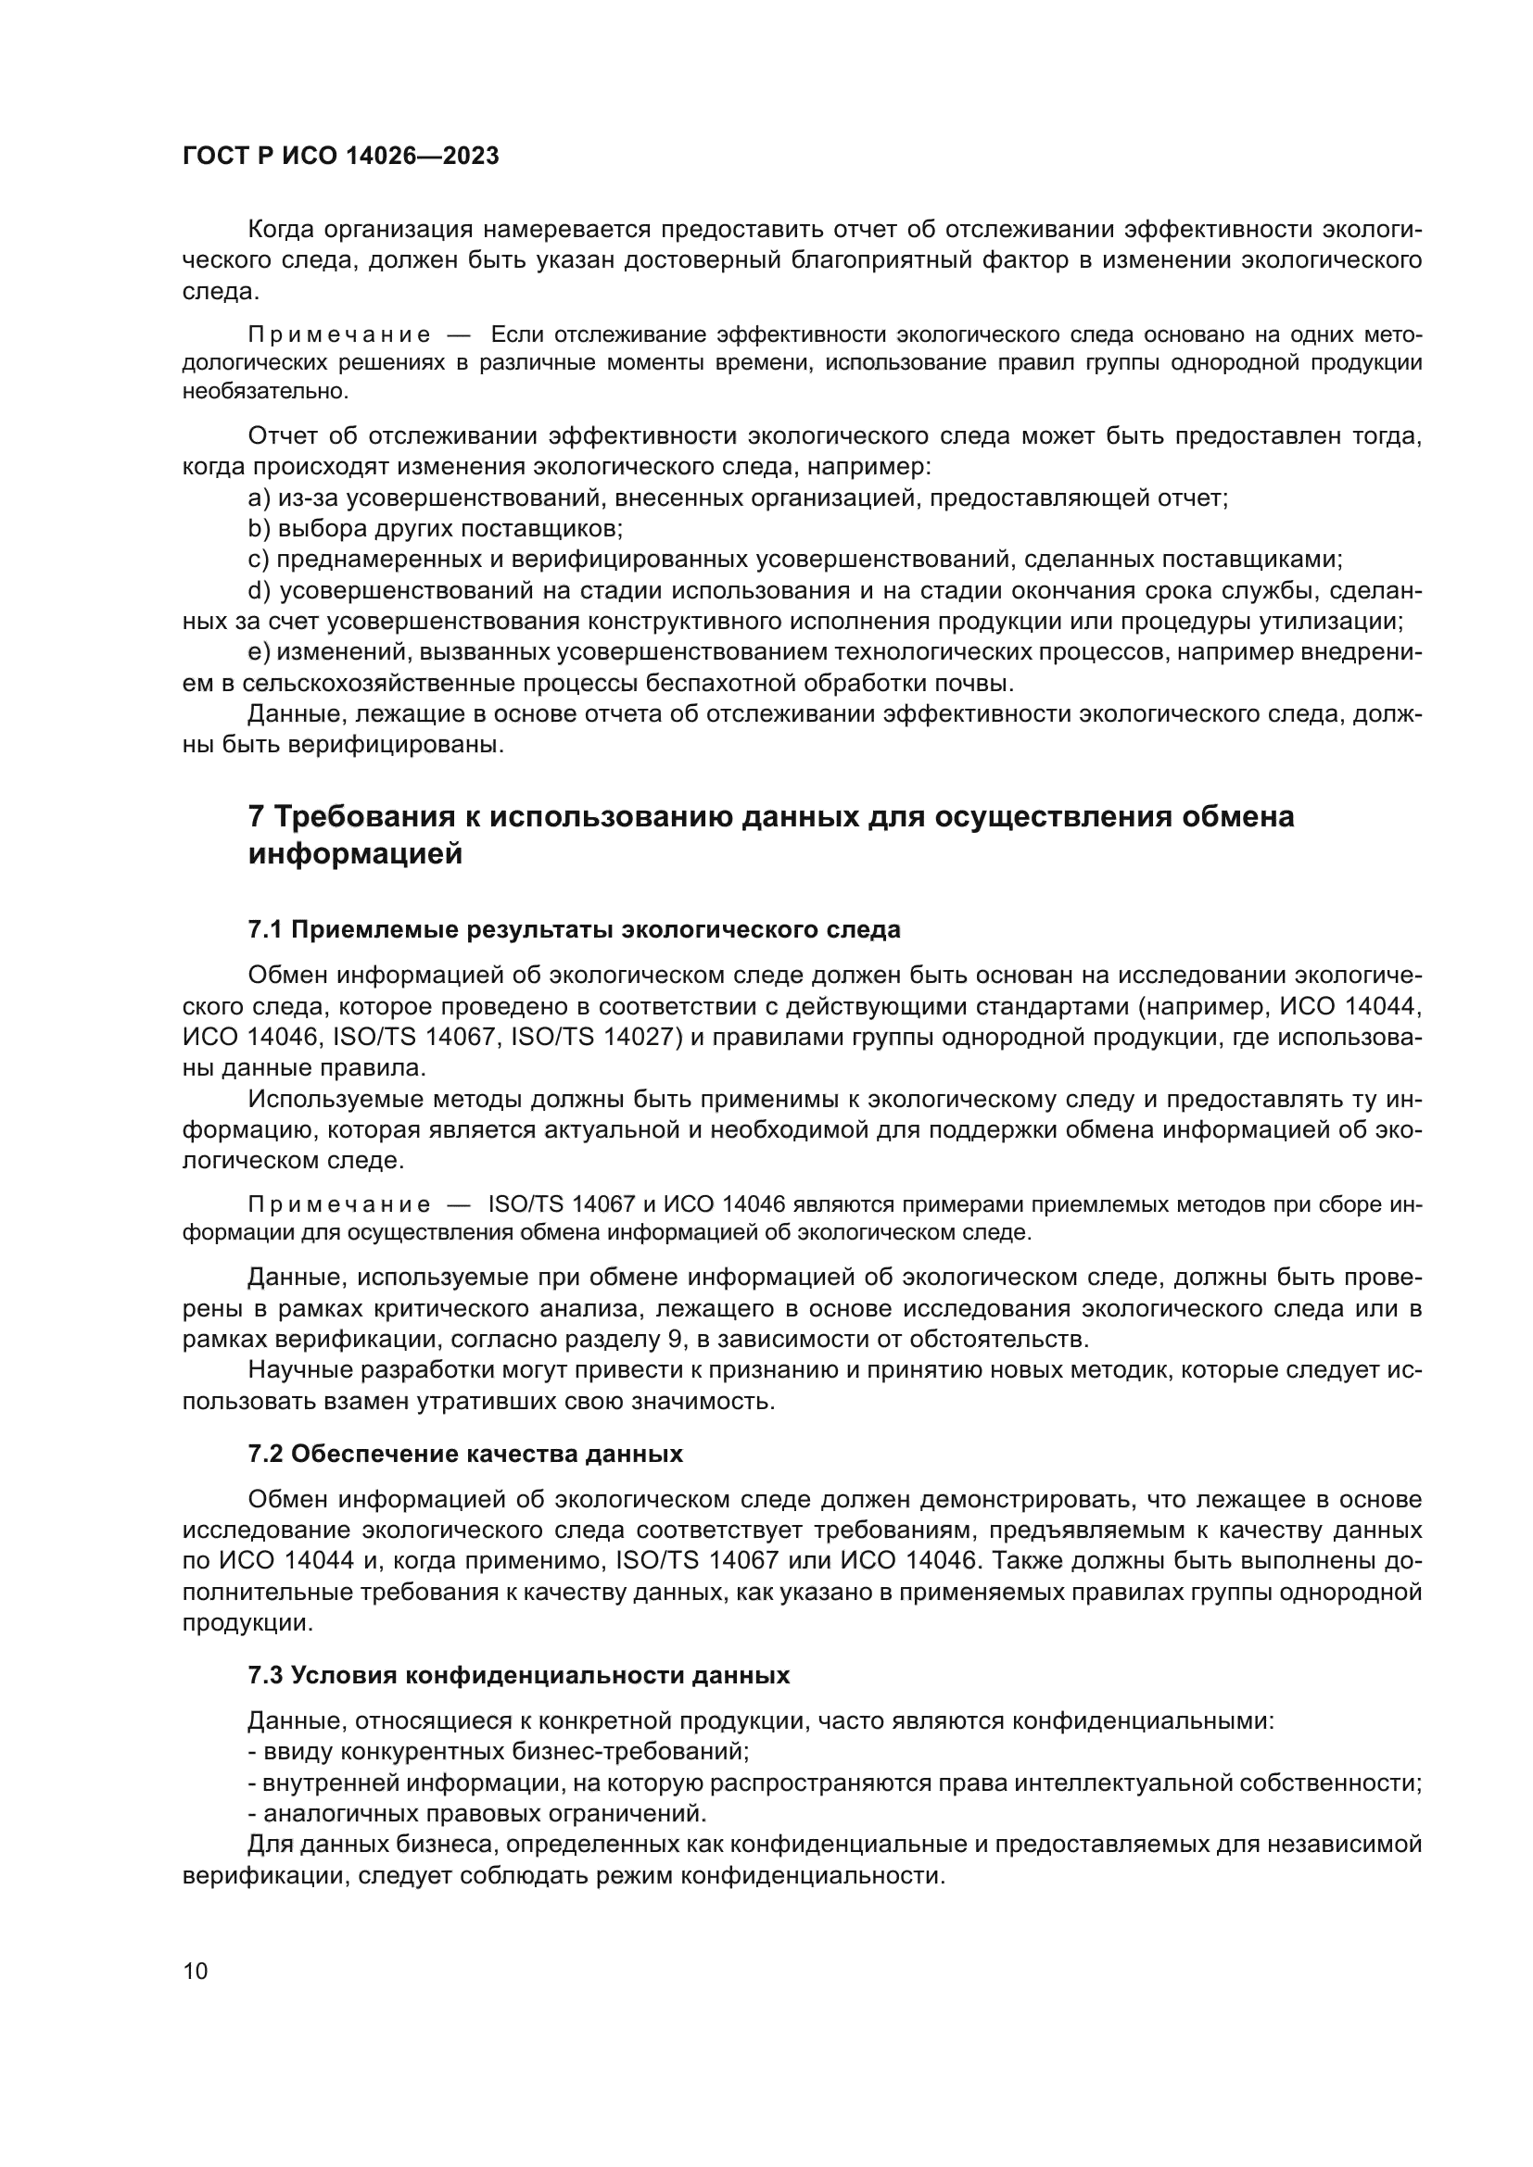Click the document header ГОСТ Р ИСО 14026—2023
pos(340,157)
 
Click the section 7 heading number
pos(255,816)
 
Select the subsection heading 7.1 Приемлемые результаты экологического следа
pos(574,929)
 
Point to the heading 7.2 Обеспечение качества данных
pos(465,1454)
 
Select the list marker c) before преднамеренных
pos(259,560)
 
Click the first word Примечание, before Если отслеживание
pos(339,335)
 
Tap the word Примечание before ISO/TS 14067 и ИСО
pos(339,1205)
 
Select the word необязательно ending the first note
pos(265,391)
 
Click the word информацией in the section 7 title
pos(355,855)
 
